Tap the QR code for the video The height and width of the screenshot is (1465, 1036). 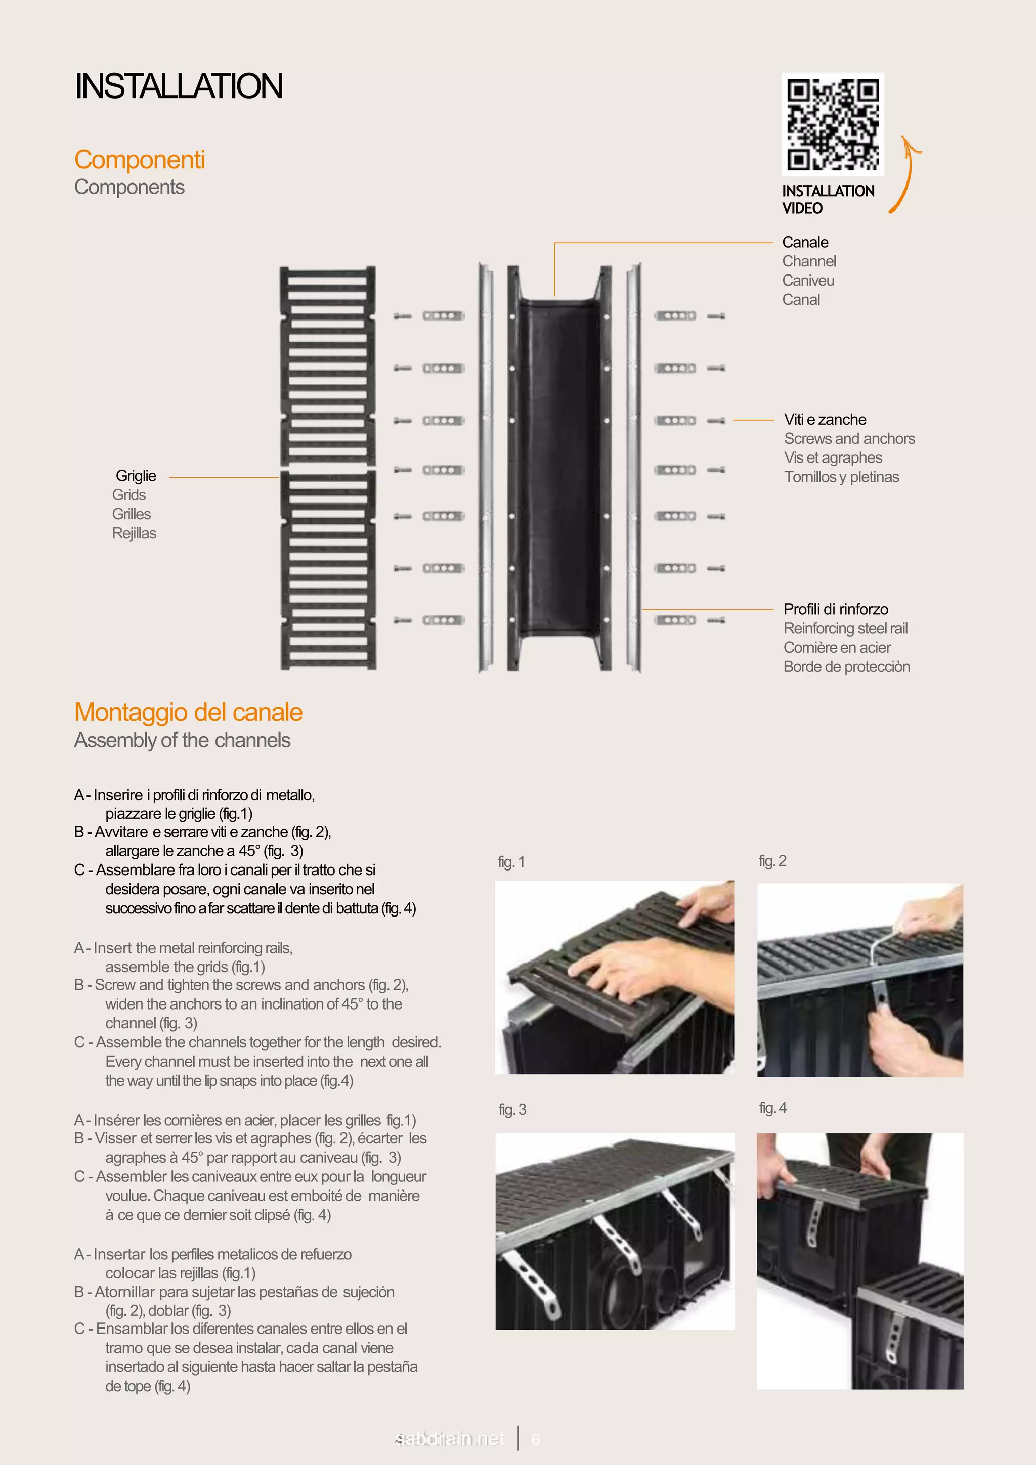tap(832, 124)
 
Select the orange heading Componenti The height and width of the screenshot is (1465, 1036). tap(139, 160)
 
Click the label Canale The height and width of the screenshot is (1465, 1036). tap(805, 243)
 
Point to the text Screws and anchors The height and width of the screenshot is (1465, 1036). tap(849, 439)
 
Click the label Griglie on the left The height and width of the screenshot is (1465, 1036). tap(136, 476)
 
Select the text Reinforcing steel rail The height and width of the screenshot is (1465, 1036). tap(845, 628)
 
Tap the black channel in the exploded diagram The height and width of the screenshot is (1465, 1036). tap(558, 466)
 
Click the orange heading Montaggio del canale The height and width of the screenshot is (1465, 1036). tap(188, 712)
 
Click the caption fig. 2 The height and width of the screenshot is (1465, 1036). tap(772, 861)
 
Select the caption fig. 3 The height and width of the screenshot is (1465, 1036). tap(512, 1110)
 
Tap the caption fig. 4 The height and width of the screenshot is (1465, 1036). tap(772, 1108)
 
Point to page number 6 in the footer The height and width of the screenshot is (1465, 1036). tap(536, 1439)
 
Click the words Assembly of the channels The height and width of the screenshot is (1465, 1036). tap(182, 740)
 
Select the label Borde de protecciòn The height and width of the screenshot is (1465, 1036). tap(846, 667)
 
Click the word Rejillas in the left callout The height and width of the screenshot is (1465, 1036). tap(134, 533)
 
